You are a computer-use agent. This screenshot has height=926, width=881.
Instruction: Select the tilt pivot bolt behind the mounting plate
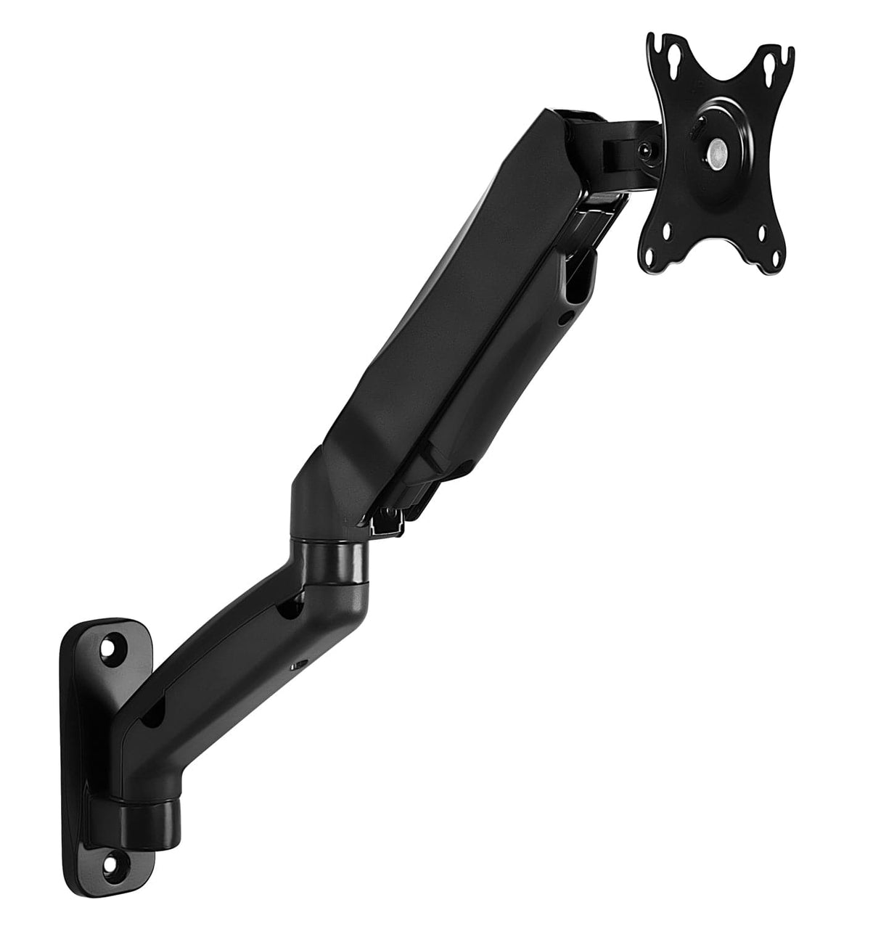643,150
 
